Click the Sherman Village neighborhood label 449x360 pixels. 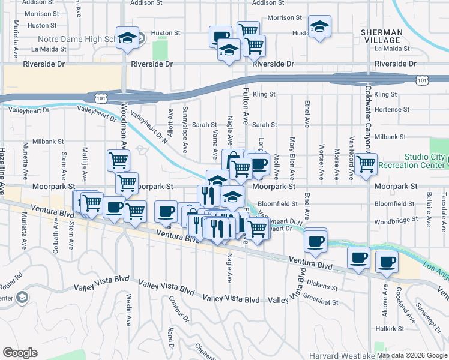tap(382, 36)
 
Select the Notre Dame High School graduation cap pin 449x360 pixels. tap(127, 38)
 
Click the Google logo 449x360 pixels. tap(20, 353)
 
